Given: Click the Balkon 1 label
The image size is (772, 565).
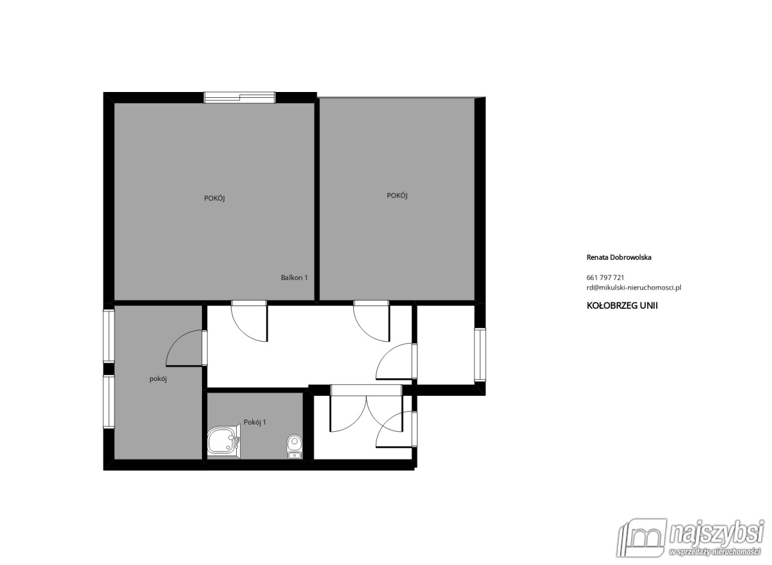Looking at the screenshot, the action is (x=294, y=278).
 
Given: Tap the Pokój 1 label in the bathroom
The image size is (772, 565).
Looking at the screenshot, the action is (x=255, y=422).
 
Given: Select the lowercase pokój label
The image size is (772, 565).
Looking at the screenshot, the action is (x=158, y=379).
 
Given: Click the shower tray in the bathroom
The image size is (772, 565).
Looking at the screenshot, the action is (x=224, y=442).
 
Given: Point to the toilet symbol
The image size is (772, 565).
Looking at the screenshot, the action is (x=295, y=447).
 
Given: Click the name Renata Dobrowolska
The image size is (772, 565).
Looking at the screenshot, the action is (x=619, y=257).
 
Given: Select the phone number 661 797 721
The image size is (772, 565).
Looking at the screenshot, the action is (x=605, y=277).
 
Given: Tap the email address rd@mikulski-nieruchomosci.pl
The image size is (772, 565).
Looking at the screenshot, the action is (x=634, y=288).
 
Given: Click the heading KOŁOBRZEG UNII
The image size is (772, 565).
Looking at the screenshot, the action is (x=622, y=306).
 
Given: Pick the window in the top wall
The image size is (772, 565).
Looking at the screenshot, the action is (x=240, y=97).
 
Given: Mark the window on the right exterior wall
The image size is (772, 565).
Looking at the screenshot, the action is (x=480, y=355).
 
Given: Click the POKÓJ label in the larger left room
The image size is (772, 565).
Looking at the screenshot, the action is (x=214, y=199).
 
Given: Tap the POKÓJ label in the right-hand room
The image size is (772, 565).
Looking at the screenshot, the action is (x=397, y=196).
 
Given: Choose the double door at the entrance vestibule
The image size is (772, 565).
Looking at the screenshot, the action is (x=366, y=408).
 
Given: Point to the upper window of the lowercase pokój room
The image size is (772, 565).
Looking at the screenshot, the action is (x=109, y=337).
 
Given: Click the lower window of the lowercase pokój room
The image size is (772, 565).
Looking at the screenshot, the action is (x=109, y=402).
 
